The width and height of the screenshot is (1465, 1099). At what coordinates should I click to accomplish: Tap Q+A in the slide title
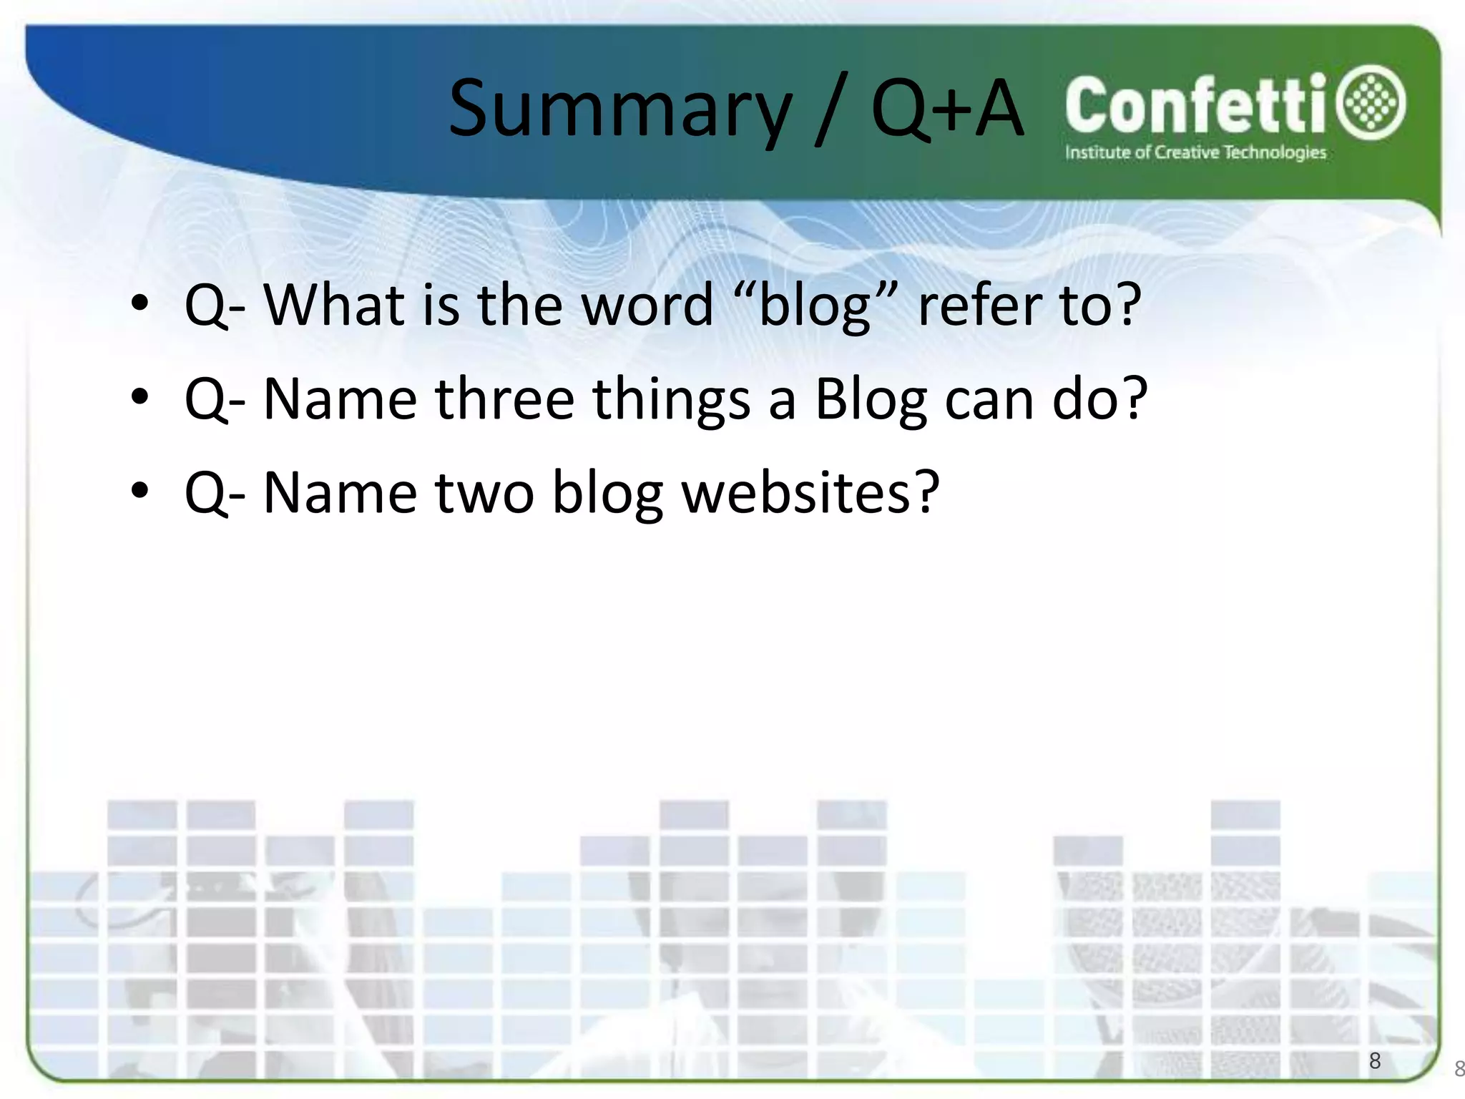(946, 109)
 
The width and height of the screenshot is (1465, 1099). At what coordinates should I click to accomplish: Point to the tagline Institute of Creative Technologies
(1195, 152)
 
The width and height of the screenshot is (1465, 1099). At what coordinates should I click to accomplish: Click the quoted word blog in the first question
(814, 306)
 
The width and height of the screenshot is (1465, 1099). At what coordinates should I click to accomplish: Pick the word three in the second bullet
(504, 399)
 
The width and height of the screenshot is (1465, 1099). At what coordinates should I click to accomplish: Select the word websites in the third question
(795, 493)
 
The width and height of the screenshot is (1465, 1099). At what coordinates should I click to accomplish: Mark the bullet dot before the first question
(140, 303)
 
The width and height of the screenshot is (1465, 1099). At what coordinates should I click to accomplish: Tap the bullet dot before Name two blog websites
(140, 491)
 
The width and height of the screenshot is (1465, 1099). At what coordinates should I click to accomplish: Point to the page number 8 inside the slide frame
(1374, 1060)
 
